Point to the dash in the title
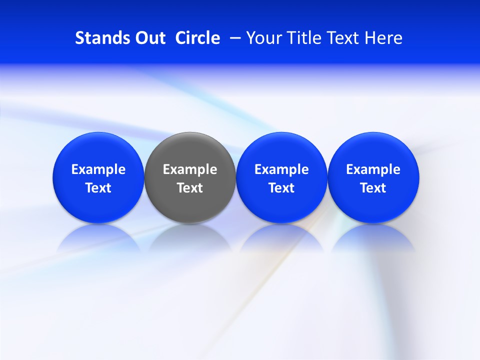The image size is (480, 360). pyautogui.click(x=233, y=38)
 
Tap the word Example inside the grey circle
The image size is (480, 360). pyautogui.click(x=190, y=170)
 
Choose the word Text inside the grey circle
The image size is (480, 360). pyautogui.click(x=190, y=188)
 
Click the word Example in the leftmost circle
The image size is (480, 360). pyautogui.click(x=98, y=170)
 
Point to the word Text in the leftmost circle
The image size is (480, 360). pyautogui.click(x=98, y=188)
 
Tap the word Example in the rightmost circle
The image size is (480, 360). pyautogui.click(x=373, y=170)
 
